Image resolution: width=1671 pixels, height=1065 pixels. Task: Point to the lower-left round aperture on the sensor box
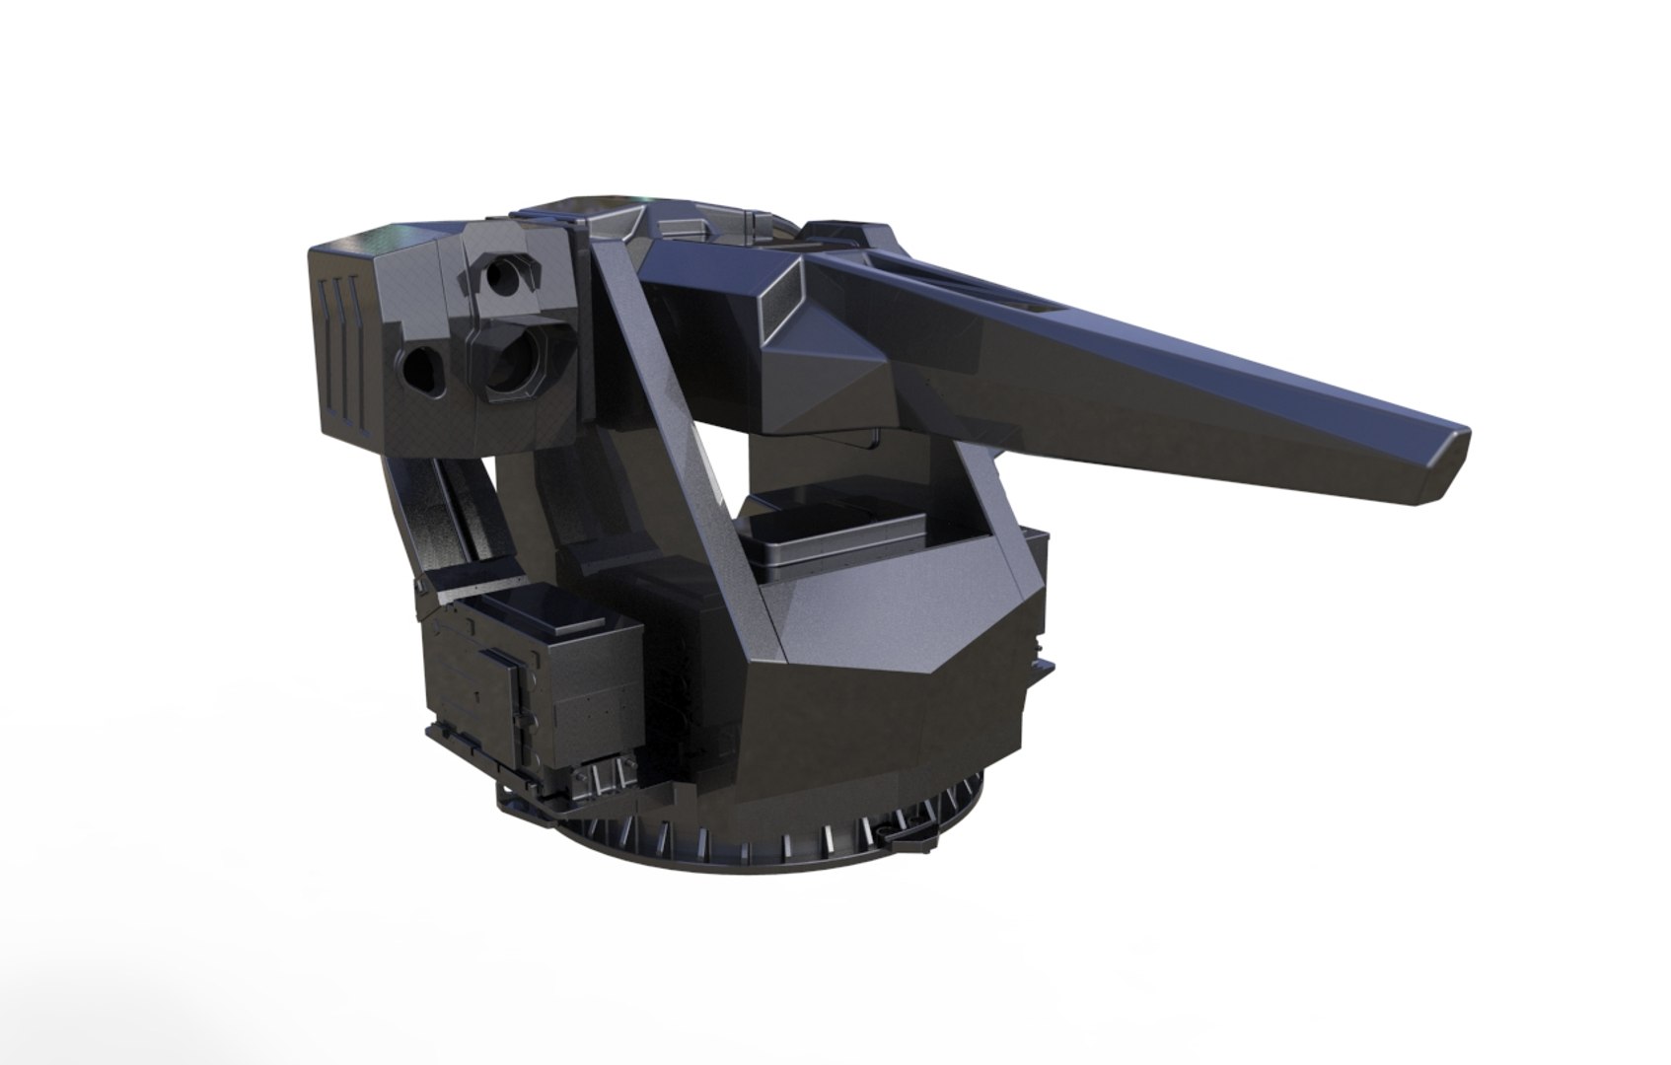[422, 368]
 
